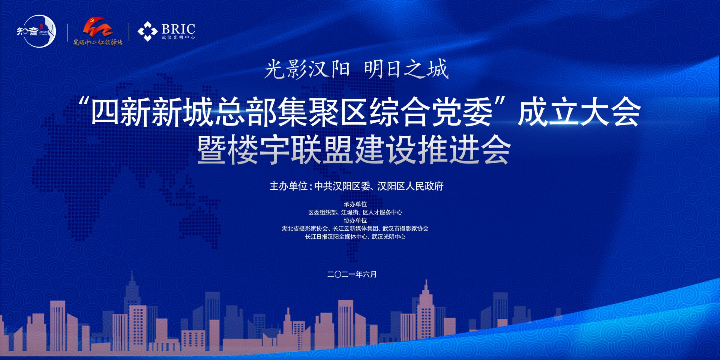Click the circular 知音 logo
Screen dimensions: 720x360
[x=37, y=31]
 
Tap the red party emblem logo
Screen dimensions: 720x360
[x=97, y=27]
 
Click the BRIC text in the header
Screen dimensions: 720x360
[x=178, y=29]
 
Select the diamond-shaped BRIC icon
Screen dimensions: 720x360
[x=147, y=31]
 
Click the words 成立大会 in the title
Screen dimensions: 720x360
[x=579, y=112]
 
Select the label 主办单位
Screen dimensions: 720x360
[x=288, y=186]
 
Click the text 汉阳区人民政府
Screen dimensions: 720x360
[x=410, y=186]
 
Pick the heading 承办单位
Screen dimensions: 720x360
[x=355, y=204]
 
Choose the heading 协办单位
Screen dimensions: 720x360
[x=355, y=220]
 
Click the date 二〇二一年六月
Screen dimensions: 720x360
[x=352, y=274]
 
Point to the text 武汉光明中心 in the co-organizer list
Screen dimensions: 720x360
[x=388, y=237]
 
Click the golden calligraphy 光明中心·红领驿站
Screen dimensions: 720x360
[x=98, y=42]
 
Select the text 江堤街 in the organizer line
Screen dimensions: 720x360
[x=349, y=212]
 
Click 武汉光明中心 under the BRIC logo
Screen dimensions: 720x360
[x=178, y=37]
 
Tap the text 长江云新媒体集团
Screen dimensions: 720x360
[x=355, y=228]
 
